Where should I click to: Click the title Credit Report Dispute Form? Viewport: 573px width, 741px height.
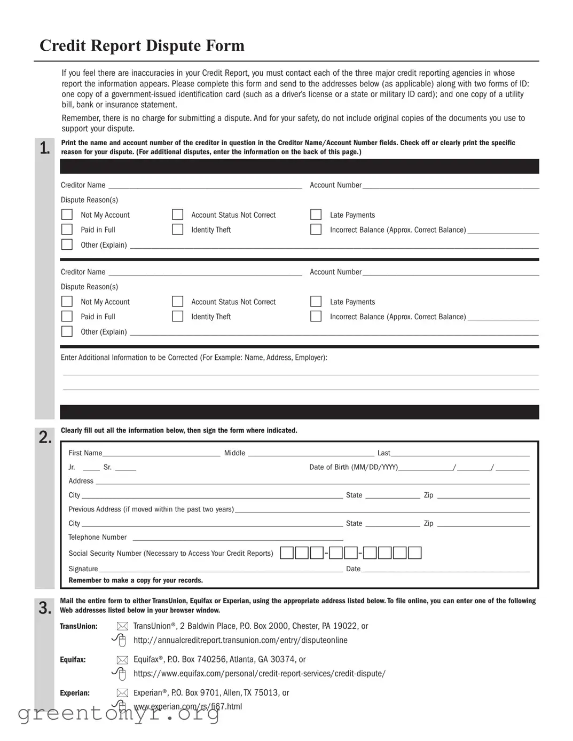click(x=142, y=46)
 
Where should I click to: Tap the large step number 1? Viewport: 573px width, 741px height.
click(x=45, y=148)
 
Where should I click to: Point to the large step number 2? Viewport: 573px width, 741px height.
click(x=45, y=437)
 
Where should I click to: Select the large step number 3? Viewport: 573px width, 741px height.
click(x=45, y=608)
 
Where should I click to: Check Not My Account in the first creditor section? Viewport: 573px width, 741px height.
click(x=67, y=215)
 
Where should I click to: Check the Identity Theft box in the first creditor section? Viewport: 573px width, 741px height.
click(x=178, y=230)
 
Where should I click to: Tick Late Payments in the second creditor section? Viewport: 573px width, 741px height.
click(x=316, y=302)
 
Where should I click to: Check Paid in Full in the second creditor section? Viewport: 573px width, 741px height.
click(x=67, y=317)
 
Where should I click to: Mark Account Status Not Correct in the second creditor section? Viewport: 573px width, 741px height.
click(x=178, y=302)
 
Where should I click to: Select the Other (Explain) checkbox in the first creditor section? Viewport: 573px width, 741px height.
click(x=67, y=245)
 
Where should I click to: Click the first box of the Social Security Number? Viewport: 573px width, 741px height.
click(x=287, y=553)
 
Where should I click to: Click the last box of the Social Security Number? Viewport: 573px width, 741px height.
click(x=415, y=553)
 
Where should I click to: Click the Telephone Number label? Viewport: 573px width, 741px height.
click(x=97, y=538)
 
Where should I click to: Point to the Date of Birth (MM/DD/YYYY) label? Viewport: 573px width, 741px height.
click(x=354, y=467)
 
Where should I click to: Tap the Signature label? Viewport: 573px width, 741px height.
click(x=83, y=569)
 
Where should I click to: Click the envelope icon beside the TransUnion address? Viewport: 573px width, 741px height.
click(x=122, y=626)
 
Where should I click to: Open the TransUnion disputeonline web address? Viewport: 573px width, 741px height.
click(x=240, y=640)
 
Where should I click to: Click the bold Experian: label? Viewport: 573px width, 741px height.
click(x=75, y=693)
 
